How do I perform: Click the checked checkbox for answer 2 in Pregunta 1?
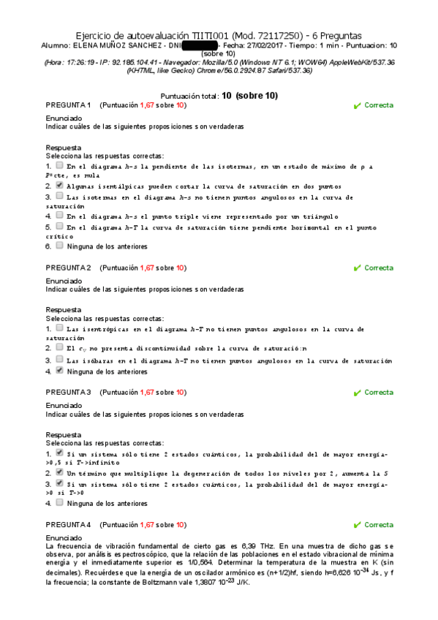(59, 186)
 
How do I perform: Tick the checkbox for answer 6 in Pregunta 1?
(59, 246)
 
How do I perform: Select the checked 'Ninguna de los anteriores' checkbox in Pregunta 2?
(59, 371)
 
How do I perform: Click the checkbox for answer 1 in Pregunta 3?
(59, 453)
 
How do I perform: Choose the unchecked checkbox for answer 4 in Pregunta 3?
(59, 503)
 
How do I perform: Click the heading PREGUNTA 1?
(68, 105)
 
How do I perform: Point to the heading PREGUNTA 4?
(68, 525)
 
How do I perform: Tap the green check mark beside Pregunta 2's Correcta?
(357, 268)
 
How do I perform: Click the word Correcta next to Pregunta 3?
(379, 393)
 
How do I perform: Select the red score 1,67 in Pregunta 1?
(147, 105)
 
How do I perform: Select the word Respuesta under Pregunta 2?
(64, 309)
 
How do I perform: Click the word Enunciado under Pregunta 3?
(64, 405)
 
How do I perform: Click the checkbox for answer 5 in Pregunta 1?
(59, 227)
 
